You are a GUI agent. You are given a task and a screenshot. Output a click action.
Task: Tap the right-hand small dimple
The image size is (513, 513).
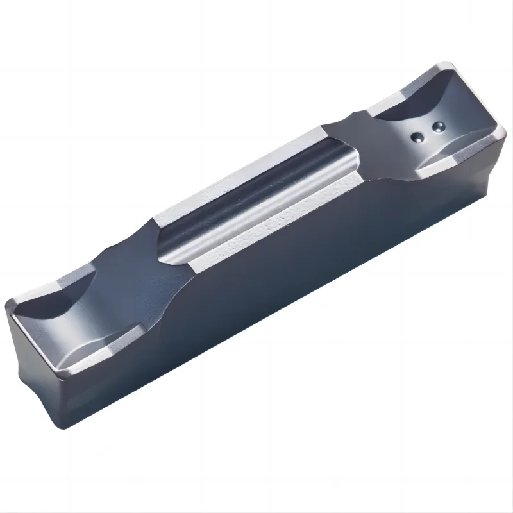439,126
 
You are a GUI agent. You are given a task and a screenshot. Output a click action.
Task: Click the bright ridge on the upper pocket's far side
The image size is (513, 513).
391,96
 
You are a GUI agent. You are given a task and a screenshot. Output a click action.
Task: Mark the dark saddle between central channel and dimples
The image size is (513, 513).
359,141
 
